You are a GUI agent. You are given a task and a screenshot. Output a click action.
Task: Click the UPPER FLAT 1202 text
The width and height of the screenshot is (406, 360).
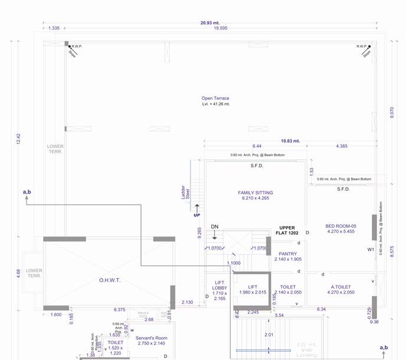[288, 230]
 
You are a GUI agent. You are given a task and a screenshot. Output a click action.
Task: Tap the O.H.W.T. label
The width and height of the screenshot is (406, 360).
[109, 280]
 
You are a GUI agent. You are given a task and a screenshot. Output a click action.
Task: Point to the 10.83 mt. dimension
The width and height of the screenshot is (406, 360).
[290, 141]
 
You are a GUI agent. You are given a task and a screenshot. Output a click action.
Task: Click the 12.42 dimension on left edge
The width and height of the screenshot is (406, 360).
[18, 139]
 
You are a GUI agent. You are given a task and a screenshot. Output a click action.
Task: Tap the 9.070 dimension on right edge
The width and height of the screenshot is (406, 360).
[392, 112]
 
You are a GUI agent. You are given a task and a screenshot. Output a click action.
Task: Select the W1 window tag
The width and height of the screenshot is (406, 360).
[371, 250]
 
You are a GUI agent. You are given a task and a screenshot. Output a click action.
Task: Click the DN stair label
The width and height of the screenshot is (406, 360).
[215, 227]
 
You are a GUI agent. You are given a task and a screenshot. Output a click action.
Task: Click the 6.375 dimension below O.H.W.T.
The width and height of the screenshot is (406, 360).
[120, 309]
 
